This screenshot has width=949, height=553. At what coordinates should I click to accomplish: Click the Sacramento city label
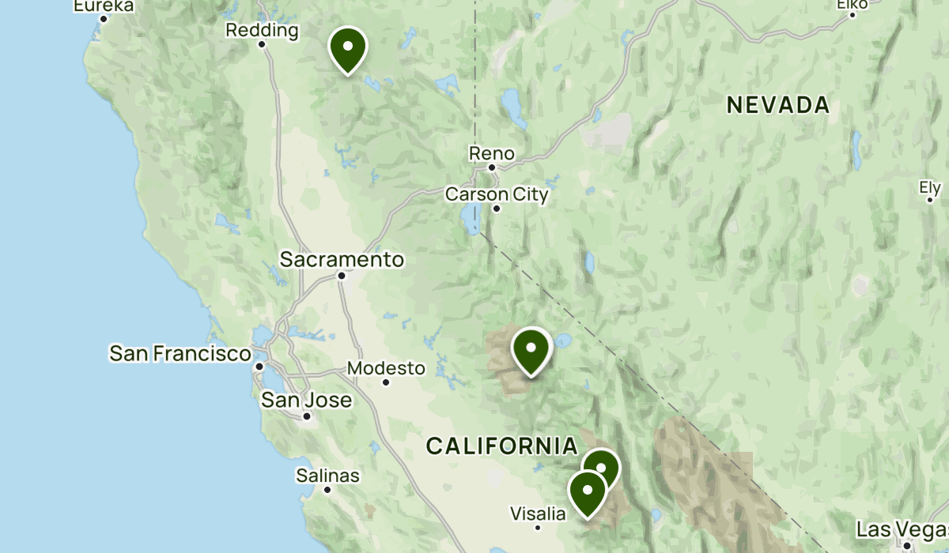pos(342,259)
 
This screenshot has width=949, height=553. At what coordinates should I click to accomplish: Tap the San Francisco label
pos(180,353)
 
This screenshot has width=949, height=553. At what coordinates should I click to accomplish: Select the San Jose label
pos(307,400)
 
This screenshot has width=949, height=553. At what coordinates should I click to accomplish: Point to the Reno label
pos(491,153)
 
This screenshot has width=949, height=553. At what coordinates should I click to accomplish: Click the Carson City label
pos(497,194)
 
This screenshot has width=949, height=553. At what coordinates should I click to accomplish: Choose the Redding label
pos(262,31)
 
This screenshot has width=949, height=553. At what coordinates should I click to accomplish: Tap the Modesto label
pos(386,368)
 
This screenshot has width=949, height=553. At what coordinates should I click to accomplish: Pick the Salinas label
pos(327,476)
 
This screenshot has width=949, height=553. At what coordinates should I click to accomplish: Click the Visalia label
pos(538,513)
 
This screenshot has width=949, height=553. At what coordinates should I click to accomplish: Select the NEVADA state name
pos(778,104)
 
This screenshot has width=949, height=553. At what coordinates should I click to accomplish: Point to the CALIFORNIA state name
pos(502,446)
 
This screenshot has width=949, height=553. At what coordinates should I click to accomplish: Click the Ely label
pos(930,188)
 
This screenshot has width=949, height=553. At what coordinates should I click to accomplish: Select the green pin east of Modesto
pos(531,349)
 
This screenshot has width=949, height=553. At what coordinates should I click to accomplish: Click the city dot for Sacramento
pos(342,276)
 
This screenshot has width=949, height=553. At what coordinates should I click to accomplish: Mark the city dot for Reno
pos(491,167)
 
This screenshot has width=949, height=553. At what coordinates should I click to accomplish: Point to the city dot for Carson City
pos(497,209)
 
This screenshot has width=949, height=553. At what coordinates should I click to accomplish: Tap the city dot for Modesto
pos(386,382)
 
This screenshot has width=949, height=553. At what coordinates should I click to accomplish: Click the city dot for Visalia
pos(538,528)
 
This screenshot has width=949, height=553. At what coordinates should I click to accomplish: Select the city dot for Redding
pos(262,44)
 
